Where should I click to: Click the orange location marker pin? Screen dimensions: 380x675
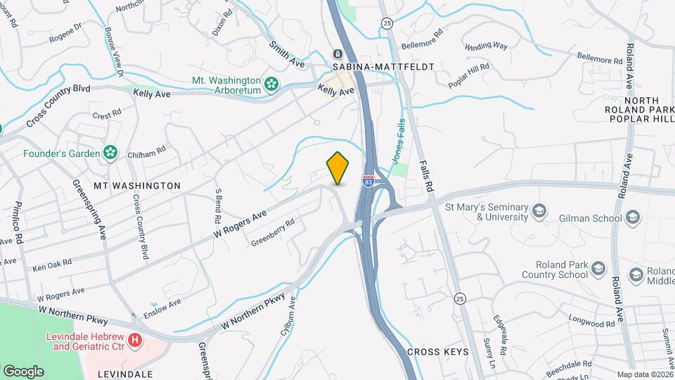[x=338, y=168]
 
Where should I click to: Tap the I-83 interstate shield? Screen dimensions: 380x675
[x=368, y=181]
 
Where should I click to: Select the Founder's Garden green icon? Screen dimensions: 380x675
[x=110, y=153]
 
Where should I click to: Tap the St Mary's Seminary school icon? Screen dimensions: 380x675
[x=539, y=211]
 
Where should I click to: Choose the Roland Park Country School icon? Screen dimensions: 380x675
[x=598, y=269]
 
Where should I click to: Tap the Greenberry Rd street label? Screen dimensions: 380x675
[x=274, y=232]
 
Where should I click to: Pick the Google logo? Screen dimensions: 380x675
[x=23, y=371]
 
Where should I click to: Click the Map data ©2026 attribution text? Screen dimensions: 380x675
[x=644, y=374]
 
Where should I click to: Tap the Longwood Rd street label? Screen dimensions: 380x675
[x=592, y=324]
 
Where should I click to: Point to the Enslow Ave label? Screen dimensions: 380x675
[x=161, y=307]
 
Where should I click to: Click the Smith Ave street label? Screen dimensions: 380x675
[x=287, y=53]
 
